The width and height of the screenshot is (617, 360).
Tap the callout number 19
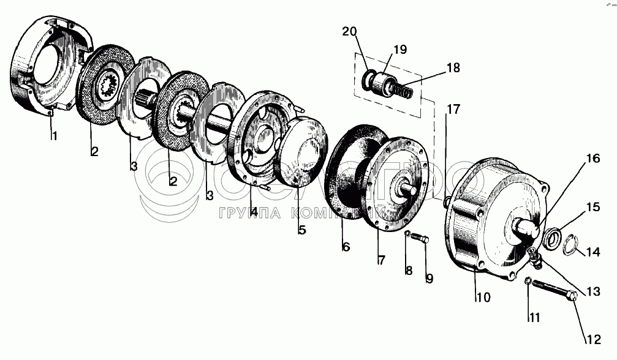[399, 50]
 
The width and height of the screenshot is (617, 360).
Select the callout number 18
[453, 67]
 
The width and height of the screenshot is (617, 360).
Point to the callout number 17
[453, 110]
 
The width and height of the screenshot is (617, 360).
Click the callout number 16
[592, 159]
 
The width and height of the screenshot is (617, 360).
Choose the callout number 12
[594, 337]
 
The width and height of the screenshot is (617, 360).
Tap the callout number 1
[54, 136]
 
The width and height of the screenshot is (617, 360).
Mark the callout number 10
[483, 298]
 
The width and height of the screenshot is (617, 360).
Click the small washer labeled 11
[528, 282]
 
